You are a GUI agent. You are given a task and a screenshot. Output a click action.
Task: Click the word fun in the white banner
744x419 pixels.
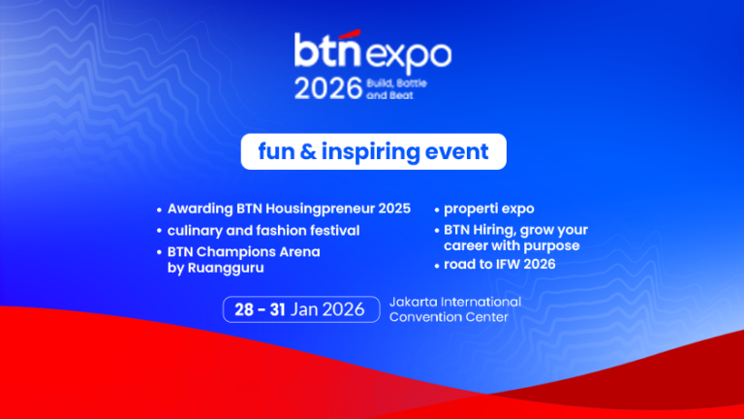tap(275, 152)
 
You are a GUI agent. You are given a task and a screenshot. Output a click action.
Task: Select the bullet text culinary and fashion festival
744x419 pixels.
tap(263, 231)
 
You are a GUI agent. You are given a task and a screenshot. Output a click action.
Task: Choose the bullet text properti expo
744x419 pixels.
tap(489, 209)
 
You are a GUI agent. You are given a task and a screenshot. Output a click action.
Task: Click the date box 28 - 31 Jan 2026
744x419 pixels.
tap(299, 309)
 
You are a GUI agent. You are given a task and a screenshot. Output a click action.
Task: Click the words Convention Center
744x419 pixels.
tap(449, 317)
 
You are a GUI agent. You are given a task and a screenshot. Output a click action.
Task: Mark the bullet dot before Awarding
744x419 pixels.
tap(159, 209)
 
